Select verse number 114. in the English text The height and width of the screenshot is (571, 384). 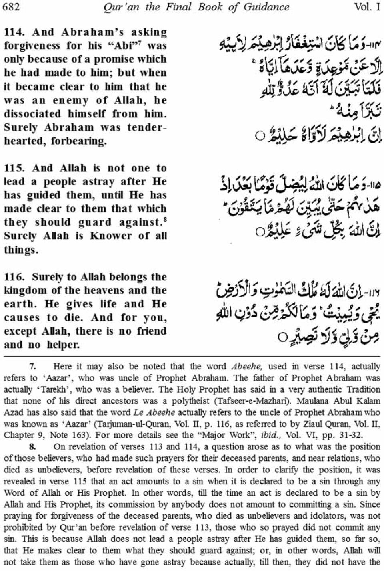16,32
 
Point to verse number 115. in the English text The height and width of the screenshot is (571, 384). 16,168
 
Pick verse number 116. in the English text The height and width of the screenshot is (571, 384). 16,277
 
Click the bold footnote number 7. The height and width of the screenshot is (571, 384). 32,366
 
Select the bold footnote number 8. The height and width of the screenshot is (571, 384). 32,446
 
